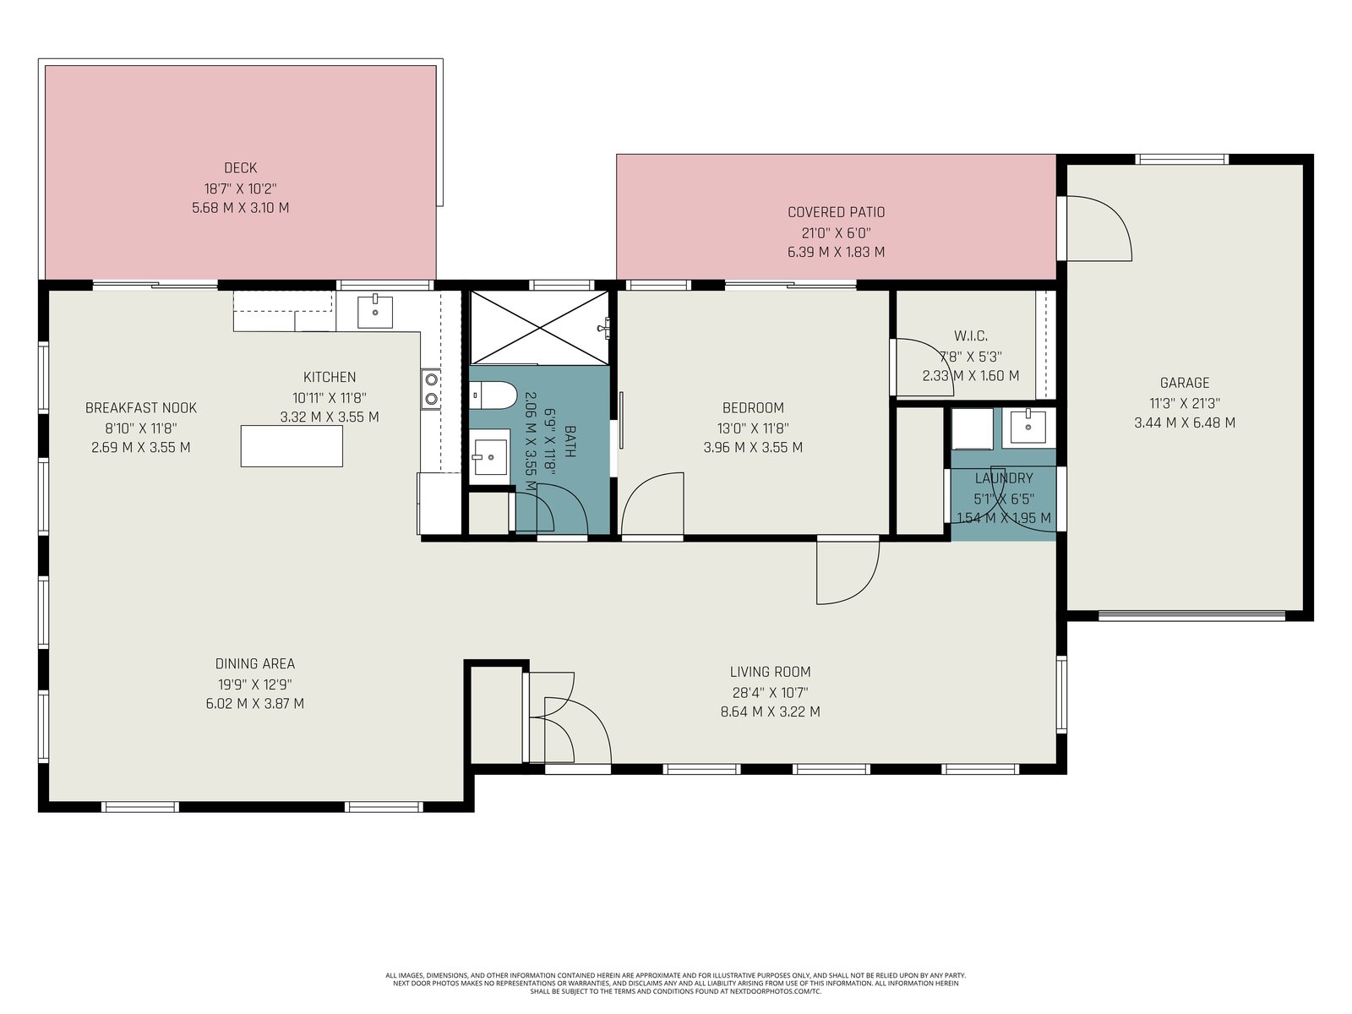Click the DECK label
[240, 167]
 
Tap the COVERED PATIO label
[836, 212]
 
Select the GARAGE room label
[1185, 382]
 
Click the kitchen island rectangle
[292, 446]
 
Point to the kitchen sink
[374, 312]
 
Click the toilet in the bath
[492, 395]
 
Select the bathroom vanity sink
[489, 456]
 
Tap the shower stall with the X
[540, 328]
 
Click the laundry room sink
[1028, 426]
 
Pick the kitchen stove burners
[431, 389]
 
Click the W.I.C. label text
[971, 336]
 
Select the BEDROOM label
[753, 407]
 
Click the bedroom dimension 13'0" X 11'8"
[753, 428]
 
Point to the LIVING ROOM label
[770, 672]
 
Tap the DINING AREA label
[255, 663]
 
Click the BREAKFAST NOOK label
[141, 407]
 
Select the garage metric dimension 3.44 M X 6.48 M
[1185, 423]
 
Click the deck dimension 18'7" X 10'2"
[240, 188]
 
